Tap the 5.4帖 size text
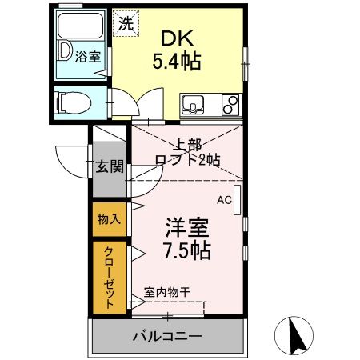[x=178, y=60]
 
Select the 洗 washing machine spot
[x=126, y=22]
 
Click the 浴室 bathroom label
[x=87, y=57]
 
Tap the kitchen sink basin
[x=194, y=104]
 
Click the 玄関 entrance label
[x=110, y=167]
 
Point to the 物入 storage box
[x=110, y=219]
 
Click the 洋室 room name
[x=187, y=227]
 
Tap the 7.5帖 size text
[x=187, y=250]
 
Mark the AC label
[x=224, y=200]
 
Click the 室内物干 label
[x=167, y=293]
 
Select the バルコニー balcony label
[x=167, y=335]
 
